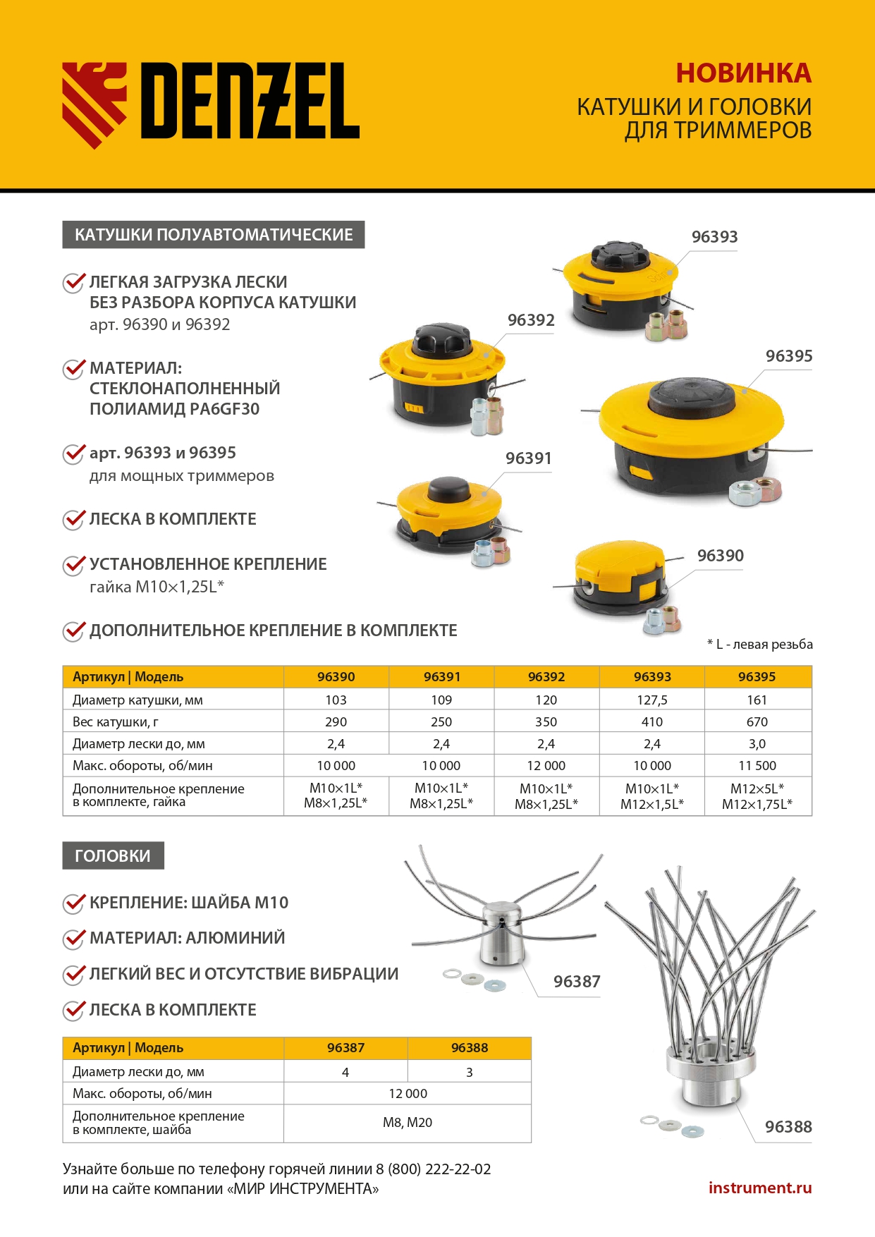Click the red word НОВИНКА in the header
pos(743,73)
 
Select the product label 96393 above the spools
pos(714,237)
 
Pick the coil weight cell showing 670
pos(757,721)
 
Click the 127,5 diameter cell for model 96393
pos(651,700)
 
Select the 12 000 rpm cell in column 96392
pos(546,765)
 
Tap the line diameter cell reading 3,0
pos(757,743)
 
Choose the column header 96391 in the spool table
pos(441,676)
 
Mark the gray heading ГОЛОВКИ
pos(113,855)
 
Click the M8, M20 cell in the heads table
pos(408,1122)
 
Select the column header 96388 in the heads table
pos(469,1047)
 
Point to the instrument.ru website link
pos(759,1188)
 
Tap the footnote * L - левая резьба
pos(759,644)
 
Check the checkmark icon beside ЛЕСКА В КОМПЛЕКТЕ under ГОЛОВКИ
pos(73,1010)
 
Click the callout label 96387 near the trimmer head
pos(576,981)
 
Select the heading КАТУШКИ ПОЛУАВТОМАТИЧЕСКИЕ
pos(214,235)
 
